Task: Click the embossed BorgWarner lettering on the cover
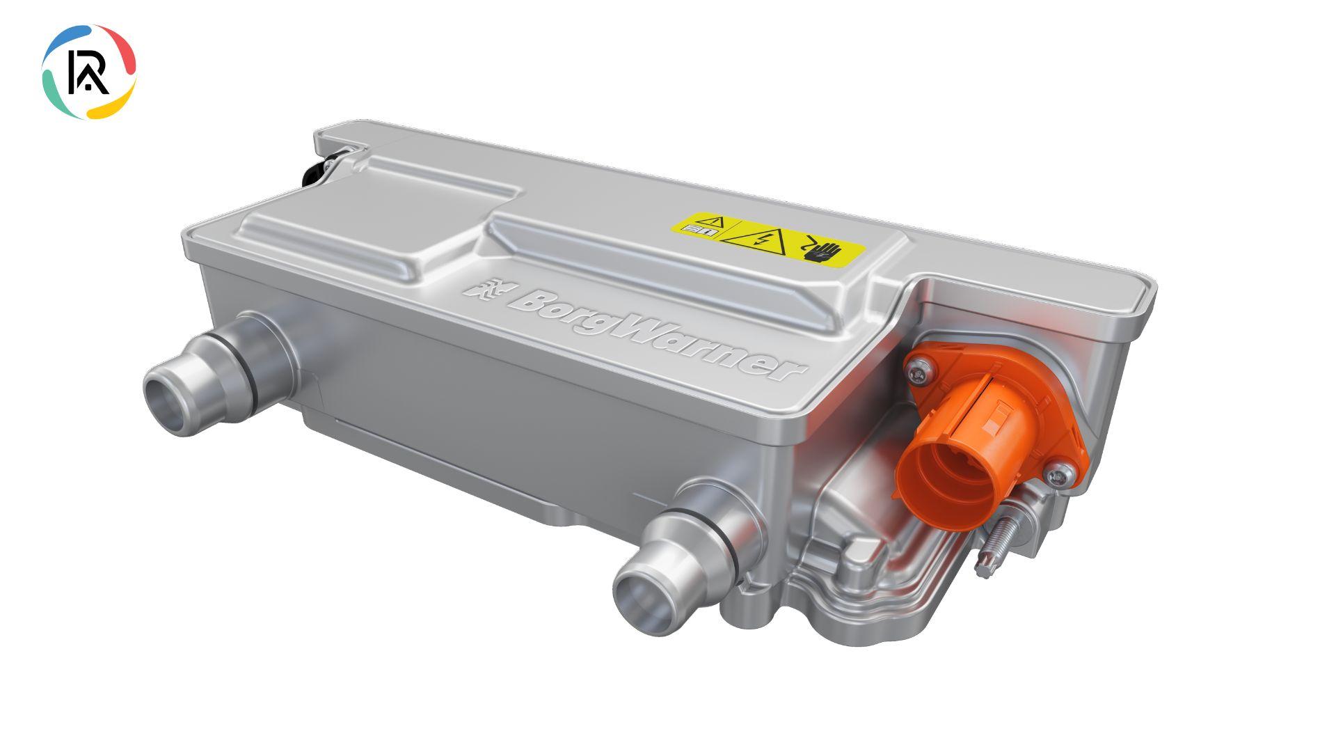(x=658, y=334)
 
